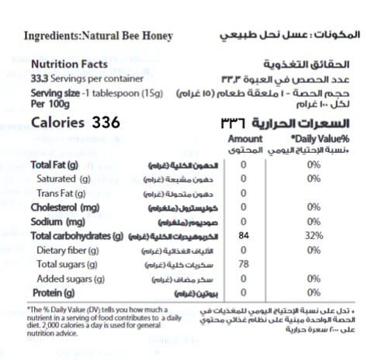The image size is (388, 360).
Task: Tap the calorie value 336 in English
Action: [x=108, y=123]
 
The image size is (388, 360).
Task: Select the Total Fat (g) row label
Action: [x=54, y=165]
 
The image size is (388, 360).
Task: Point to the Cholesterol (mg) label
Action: [x=64, y=208]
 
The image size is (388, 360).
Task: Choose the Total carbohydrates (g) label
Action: [x=77, y=236]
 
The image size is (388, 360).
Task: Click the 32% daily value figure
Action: [x=314, y=236]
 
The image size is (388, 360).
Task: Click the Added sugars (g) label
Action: [x=71, y=279]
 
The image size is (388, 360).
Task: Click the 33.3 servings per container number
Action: [x=40, y=78]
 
